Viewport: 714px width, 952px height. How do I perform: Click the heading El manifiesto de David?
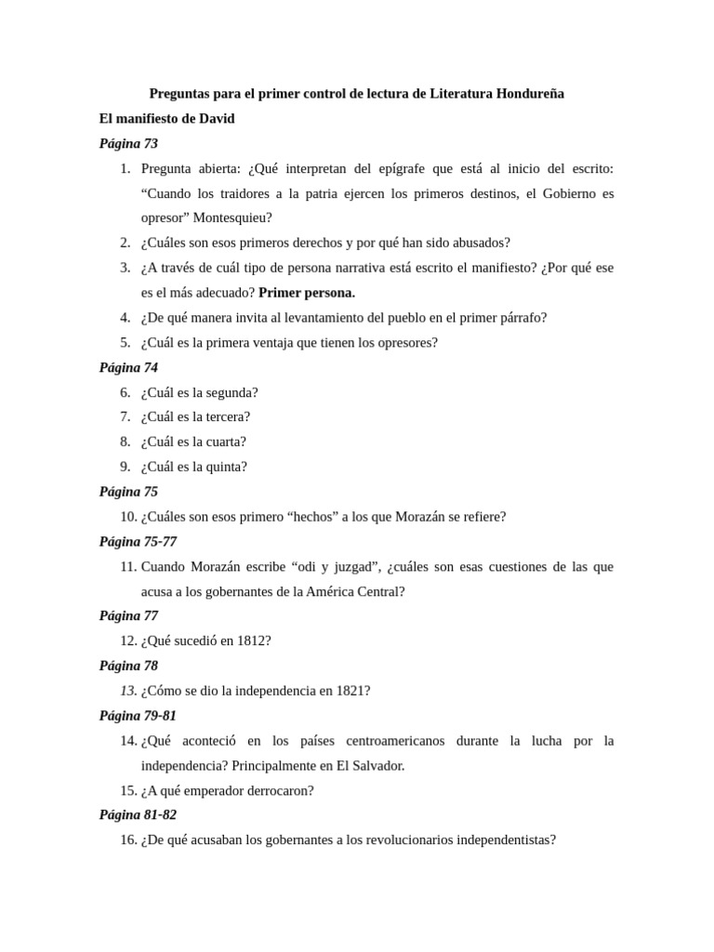[x=167, y=119]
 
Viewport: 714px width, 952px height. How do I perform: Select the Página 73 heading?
[x=128, y=144]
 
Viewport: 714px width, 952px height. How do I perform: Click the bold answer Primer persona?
[x=307, y=293]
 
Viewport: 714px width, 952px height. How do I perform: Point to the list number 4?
[x=125, y=318]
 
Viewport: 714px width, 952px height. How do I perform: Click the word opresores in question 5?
[x=404, y=343]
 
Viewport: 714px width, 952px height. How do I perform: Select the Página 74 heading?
[x=128, y=368]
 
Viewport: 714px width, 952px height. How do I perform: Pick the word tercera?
[x=224, y=417]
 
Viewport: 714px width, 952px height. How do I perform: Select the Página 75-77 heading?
[x=138, y=542]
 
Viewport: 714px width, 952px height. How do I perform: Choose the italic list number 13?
[x=128, y=692]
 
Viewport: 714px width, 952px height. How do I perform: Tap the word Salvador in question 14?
[x=377, y=766]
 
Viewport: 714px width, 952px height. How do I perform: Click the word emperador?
[x=220, y=791]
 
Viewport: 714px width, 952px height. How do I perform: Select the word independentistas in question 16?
[x=503, y=840]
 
